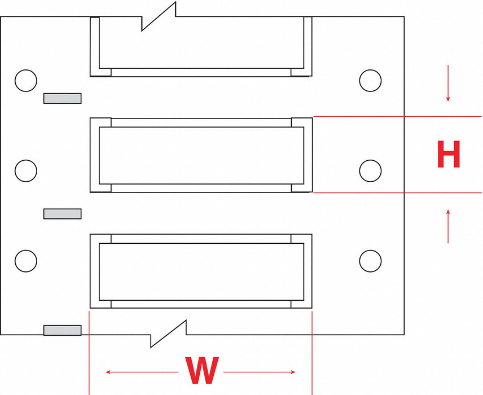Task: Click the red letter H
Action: pos(449,154)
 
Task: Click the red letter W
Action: pos(202,370)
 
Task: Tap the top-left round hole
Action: pos(26,81)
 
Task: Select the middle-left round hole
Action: pos(26,170)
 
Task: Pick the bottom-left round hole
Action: pos(26,261)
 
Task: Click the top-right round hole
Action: pos(370,81)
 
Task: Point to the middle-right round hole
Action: pos(370,170)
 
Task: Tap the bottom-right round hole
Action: pos(370,261)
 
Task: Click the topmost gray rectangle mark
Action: pos(62,98)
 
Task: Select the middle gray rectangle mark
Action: pos(62,214)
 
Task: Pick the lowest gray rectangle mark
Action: pos(62,330)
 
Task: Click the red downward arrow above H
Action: pos(448,83)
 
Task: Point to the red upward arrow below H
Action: pos(448,226)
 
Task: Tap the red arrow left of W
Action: pos(142,372)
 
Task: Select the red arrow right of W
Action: pos(260,372)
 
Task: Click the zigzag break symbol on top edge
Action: pos(159,16)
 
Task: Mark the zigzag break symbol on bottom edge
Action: pos(169,334)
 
